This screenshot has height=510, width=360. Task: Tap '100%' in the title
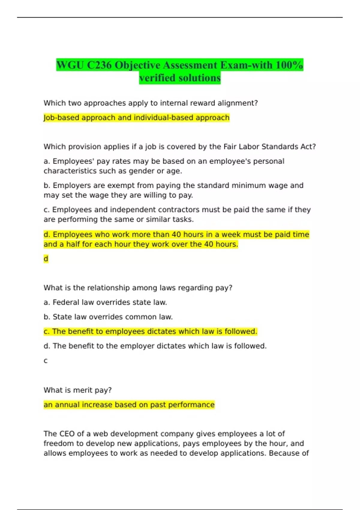pos(289,65)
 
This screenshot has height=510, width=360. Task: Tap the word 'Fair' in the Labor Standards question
pos(230,147)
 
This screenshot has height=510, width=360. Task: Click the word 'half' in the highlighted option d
pos(73,244)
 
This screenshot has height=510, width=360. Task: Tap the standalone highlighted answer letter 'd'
pos(46,259)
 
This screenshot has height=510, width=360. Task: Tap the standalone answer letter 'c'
pos(46,361)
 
